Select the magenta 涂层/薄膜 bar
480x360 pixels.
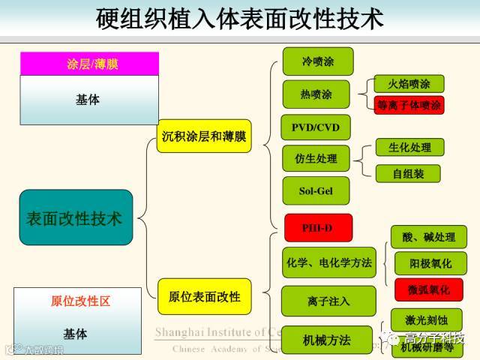pyautogui.click(x=89, y=64)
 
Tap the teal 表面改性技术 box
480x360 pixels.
pyautogui.click(x=75, y=217)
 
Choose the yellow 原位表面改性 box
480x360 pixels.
pyautogui.click(x=204, y=296)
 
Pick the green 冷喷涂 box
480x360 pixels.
pyautogui.click(x=317, y=61)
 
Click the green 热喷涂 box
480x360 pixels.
pyautogui.click(x=316, y=94)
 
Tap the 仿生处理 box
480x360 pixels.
pyautogui.click(x=317, y=159)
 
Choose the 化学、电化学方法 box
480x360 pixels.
pyautogui.click(x=328, y=262)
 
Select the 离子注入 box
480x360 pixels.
pyautogui.click(x=328, y=301)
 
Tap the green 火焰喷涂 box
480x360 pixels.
pyautogui.click(x=409, y=83)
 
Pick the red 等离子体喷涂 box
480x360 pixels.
pyautogui.click(x=409, y=104)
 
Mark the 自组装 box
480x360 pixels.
pyautogui.click(x=409, y=173)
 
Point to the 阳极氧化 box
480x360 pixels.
pyautogui.click(x=430, y=263)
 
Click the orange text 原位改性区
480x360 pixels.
pyautogui.click(x=80, y=301)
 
